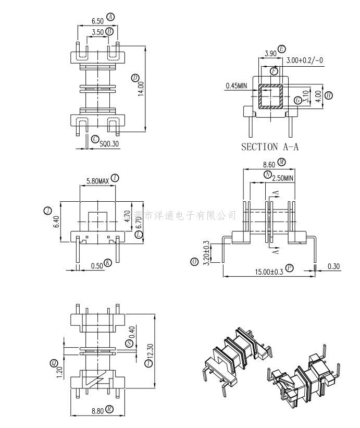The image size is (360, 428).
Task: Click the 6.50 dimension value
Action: coord(97,21)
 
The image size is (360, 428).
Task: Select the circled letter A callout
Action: coord(110,17)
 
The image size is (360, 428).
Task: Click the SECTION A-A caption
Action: coord(270,147)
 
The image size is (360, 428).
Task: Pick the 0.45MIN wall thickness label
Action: coord(236,85)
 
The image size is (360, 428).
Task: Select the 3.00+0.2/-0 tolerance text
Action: coord(304,60)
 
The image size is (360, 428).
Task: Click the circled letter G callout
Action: coord(297,100)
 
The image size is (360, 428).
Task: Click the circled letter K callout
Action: coord(108,263)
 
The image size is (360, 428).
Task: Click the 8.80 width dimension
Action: coord(97,410)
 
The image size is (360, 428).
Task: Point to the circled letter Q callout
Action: coord(54,363)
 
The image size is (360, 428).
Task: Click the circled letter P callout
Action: coord(290,268)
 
